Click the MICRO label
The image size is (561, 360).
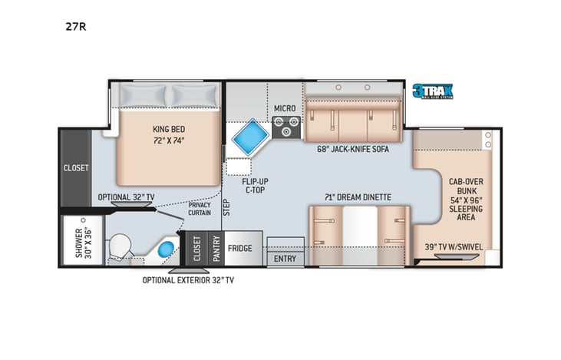click(x=285, y=109)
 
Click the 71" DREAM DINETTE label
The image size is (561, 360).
click(x=357, y=197)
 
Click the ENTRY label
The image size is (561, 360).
click(x=285, y=259)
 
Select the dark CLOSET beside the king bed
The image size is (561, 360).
click(x=76, y=167)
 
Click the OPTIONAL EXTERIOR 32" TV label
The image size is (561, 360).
click(x=189, y=280)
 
